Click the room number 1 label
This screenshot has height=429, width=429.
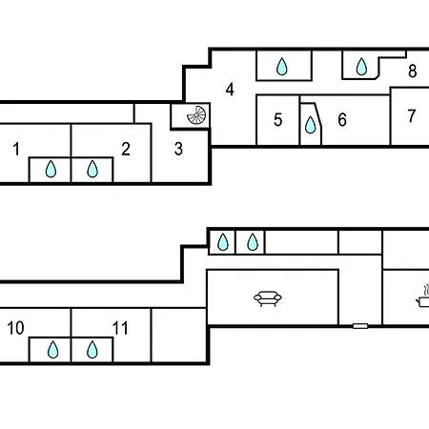pos(16,149)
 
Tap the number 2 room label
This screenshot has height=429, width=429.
pos(126,149)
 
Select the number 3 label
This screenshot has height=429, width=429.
pos(178,149)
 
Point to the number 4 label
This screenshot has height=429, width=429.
pos(230,90)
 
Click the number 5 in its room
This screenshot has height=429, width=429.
pos(278,120)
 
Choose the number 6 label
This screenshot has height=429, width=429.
pos(342,120)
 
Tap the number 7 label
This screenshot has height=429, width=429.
pos(412,116)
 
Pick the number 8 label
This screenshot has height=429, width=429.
pos(413,71)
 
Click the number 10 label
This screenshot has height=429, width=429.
pos(15,328)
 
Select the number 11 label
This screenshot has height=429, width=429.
pos(120,328)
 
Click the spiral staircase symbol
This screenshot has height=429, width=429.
pos(196,115)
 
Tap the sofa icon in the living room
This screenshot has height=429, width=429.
pos(268,298)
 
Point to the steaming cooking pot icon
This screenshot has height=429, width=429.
pos(423,296)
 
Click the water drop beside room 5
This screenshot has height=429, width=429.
pos(311,125)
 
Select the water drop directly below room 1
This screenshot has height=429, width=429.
pos(51,169)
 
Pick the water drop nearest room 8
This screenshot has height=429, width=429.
pos(361,67)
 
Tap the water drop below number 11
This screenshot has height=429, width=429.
pos(92,350)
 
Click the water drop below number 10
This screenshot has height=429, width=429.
pos(52,350)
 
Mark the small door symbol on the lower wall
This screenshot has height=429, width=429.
pos(360,326)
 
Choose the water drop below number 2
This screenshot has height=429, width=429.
pos(92,169)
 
